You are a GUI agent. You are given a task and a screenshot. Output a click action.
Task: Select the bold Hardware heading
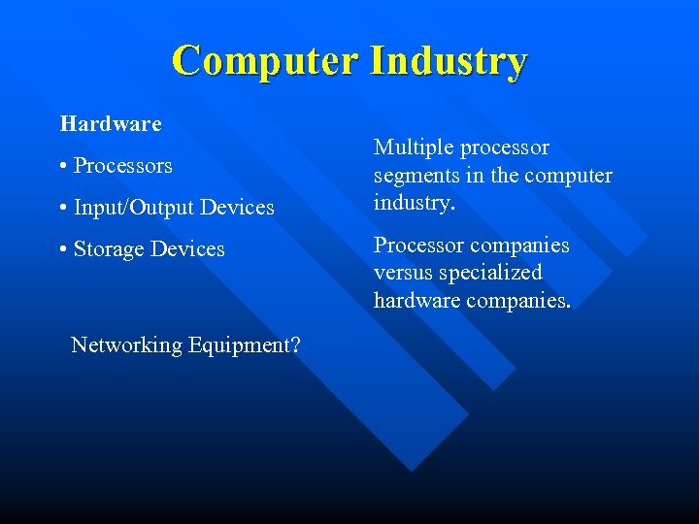[111, 124]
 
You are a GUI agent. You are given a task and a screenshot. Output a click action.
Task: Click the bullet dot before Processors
[63, 166]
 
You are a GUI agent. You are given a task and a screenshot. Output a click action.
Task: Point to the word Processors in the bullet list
[123, 166]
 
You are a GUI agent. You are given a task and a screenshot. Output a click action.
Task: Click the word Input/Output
[134, 208]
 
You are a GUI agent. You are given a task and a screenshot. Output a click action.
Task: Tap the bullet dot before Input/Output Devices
[63, 208]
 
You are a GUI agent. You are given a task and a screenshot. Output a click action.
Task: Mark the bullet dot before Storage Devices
[63, 249]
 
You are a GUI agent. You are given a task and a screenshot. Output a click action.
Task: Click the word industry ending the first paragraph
[415, 205]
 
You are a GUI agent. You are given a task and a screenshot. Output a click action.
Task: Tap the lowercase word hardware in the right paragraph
[417, 302]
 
